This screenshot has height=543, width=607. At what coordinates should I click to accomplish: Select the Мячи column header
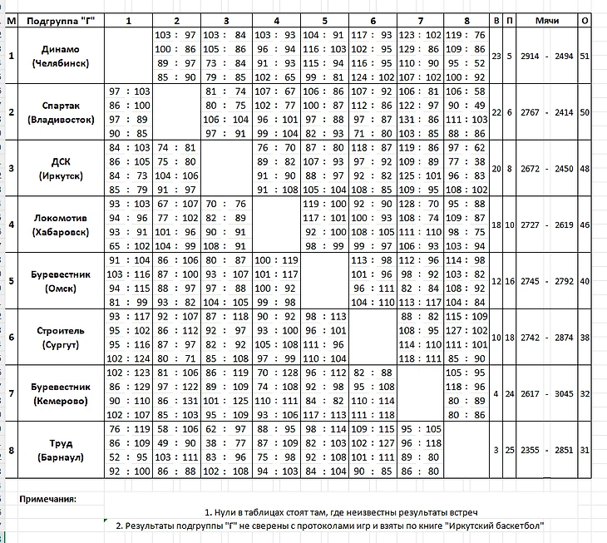click(x=546, y=19)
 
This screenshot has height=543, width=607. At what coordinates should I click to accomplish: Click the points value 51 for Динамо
click(x=585, y=56)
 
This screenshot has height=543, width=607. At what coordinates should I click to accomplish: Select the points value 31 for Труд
click(x=585, y=450)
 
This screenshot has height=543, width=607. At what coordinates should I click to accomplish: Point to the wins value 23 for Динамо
click(x=496, y=56)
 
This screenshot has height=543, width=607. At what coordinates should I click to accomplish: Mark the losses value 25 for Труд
click(x=509, y=450)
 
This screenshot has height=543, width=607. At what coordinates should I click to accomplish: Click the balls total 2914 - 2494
click(x=546, y=56)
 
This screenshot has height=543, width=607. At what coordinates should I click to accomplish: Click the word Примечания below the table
click(x=47, y=499)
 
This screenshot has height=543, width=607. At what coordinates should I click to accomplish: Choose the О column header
click(x=585, y=19)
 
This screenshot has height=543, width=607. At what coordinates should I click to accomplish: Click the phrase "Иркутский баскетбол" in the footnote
click(x=496, y=526)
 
